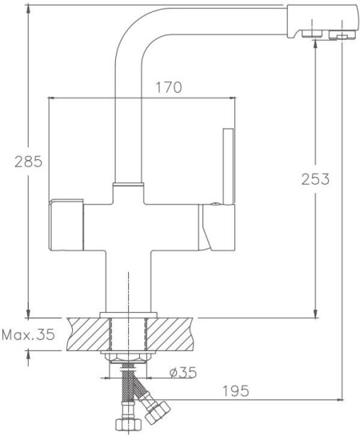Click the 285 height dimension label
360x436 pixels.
click(28, 162)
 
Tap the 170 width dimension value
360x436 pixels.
click(169, 87)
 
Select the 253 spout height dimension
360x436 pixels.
click(315, 179)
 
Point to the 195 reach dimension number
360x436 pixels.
click(236, 391)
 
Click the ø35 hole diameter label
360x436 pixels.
click(183, 372)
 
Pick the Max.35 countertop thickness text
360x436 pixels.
click(28, 334)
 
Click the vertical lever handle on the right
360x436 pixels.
click(229, 166)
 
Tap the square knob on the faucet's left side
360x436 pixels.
click(66, 224)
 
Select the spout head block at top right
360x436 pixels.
click(322, 22)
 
